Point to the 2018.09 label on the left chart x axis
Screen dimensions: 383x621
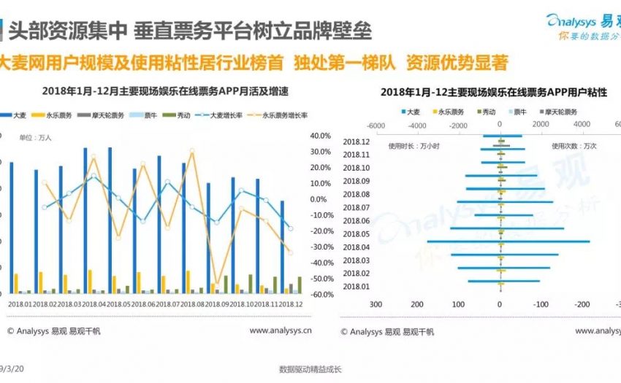tap(218, 303)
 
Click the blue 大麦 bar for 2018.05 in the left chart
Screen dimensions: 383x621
tap(110, 219)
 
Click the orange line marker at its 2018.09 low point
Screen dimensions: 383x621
tap(216, 283)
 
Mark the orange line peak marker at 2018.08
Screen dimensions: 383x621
tap(191, 152)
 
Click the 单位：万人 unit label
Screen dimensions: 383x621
tap(34, 137)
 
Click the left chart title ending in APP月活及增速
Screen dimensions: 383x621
tap(156, 93)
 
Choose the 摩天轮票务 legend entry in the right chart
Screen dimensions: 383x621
tap(559, 112)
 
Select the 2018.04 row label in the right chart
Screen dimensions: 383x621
tap(357, 247)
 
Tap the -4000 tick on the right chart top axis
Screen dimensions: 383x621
tap(417, 125)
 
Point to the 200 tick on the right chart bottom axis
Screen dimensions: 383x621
tap(417, 304)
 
